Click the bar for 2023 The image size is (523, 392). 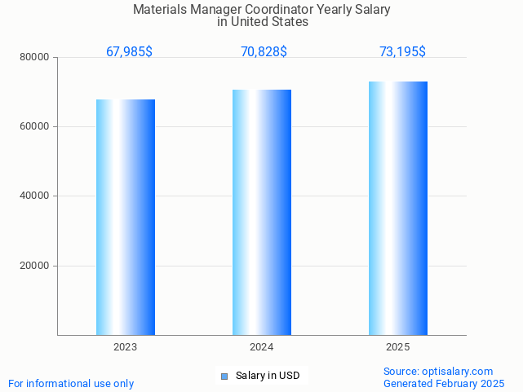coord(126,217)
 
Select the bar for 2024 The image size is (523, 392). coord(262,212)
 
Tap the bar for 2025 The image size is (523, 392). coord(398,208)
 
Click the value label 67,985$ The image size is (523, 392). coord(129,52)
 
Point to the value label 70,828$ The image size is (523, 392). coord(264,52)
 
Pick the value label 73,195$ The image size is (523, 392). coord(402,52)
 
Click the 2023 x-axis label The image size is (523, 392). coord(125,347)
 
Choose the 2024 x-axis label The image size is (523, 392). coord(261,347)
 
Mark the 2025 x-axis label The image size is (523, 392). coord(397,347)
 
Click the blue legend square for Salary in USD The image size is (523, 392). coord(224,376)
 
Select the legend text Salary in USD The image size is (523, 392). coord(268,376)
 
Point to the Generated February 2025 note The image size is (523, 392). coord(444,383)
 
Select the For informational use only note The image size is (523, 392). coord(71,383)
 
